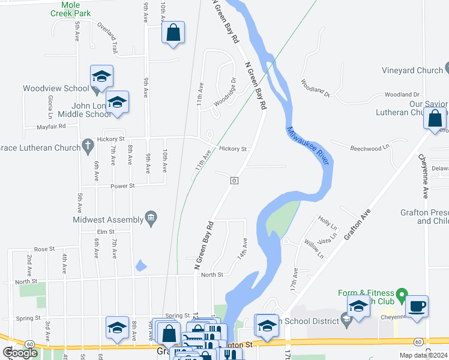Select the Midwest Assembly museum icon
(x=151, y=219)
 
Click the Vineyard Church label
(x=412, y=70)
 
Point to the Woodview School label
(x=56, y=88)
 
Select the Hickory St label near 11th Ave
(x=233, y=149)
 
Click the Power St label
(x=122, y=186)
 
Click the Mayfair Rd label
(x=50, y=127)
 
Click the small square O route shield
(x=234, y=180)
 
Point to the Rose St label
(x=44, y=248)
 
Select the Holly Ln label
(x=328, y=222)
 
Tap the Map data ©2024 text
(x=424, y=355)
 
